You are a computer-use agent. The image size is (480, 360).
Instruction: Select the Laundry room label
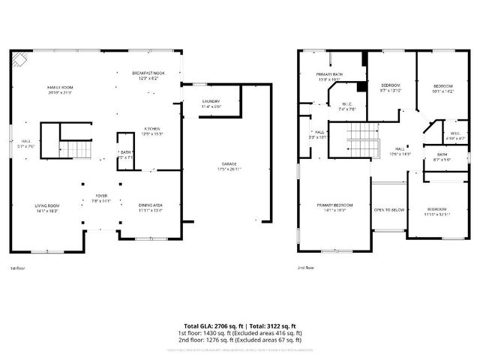(211, 103)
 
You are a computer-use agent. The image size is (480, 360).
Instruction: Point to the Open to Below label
(389, 210)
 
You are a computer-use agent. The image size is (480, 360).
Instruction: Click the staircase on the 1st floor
(74, 150)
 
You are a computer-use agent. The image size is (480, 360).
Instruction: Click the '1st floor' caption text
(17, 268)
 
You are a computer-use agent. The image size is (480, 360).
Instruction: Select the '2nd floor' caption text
(305, 268)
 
